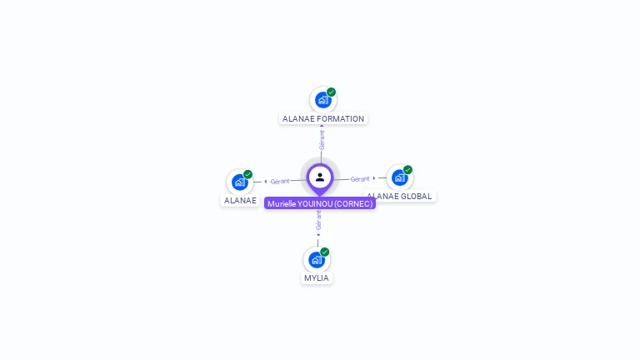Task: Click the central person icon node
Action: (x=320, y=177)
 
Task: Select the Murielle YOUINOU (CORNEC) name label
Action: (x=320, y=203)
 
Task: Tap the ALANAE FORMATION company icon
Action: (x=322, y=100)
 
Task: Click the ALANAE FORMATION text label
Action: (x=323, y=119)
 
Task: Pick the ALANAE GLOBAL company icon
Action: (x=399, y=177)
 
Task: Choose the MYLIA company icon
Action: (x=316, y=260)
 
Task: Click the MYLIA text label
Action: (x=317, y=278)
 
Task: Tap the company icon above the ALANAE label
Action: (x=240, y=182)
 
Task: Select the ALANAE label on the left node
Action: (x=240, y=201)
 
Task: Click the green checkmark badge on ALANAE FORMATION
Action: (x=332, y=92)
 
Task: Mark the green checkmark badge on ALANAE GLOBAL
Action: (x=407, y=170)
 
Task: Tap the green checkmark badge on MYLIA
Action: (x=325, y=252)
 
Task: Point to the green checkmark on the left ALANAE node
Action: (x=248, y=174)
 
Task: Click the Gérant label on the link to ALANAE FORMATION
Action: (x=322, y=139)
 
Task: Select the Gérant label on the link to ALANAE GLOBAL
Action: (x=360, y=179)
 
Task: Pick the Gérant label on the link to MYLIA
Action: (x=318, y=220)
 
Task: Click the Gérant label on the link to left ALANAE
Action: (x=280, y=182)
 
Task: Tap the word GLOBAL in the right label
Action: (x=417, y=197)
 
